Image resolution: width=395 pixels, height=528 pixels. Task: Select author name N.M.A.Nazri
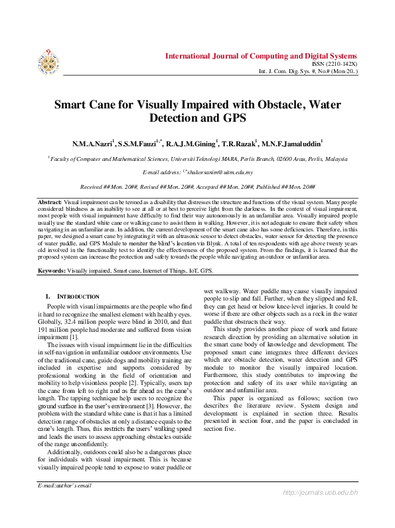coord(94,144)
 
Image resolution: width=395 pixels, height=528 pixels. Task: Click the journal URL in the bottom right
coord(320,511)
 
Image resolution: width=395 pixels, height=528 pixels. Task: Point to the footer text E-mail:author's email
coord(64,486)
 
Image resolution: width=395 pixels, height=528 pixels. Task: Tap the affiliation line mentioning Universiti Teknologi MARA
coord(197,160)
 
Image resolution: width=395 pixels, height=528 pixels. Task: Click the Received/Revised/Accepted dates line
coord(197,188)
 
